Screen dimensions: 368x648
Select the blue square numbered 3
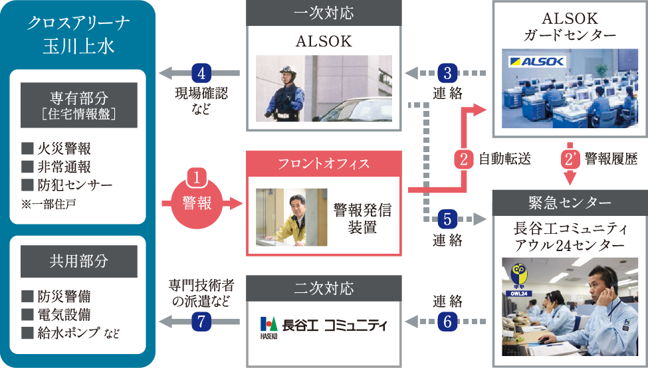pos(448,72)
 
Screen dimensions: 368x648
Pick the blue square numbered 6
pos(448,322)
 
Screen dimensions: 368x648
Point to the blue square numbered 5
pos(448,218)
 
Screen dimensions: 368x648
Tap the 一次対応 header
pos(324,13)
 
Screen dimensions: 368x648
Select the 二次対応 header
pos(324,288)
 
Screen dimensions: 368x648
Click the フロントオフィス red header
pos(324,163)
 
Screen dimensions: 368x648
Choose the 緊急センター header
pos(569,201)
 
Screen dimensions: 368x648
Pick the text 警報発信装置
pos(363,219)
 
